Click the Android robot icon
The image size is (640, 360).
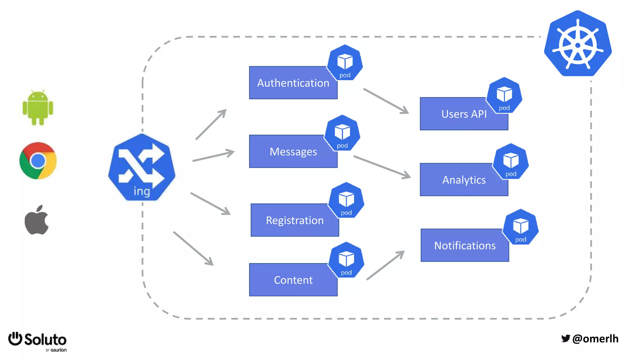[x=38, y=108]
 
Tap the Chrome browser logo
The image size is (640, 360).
[x=38, y=161]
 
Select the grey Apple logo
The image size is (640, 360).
[x=37, y=220]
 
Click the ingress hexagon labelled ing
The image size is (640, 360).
[x=142, y=167]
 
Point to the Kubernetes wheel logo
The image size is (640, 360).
[x=578, y=44]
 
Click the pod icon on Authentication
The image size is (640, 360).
[x=345, y=63]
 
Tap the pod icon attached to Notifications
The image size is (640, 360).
[x=521, y=227]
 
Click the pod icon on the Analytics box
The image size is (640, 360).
[x=511, y=162]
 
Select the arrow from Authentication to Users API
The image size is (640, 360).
[x=386, y=101]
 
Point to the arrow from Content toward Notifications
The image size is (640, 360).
[x=386, y=265]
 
